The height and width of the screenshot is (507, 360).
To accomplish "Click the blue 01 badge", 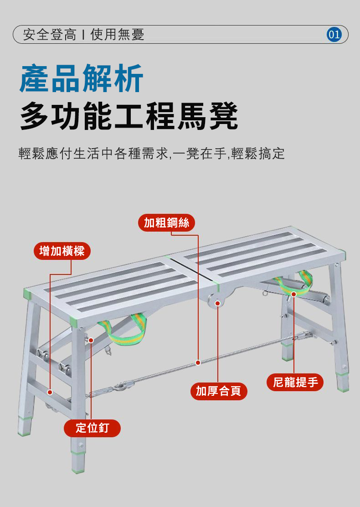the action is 334,34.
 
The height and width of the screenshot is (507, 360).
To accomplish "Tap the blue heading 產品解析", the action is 81,78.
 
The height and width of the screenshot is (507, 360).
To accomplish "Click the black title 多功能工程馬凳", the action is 129,116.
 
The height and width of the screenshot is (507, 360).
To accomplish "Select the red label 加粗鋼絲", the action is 166,222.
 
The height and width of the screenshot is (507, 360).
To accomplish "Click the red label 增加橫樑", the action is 62,251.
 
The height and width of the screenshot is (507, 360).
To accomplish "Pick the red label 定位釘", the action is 93,428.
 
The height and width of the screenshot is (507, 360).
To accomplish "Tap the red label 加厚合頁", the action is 219,391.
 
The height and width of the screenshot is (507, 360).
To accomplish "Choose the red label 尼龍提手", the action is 295,382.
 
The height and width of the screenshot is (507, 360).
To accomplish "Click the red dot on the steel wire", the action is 198,362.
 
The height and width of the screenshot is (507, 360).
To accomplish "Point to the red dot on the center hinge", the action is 218,303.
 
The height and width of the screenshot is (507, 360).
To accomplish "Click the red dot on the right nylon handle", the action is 294,294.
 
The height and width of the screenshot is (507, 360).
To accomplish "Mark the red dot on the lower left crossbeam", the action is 50,392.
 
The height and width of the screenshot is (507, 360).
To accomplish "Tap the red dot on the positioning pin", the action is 91,340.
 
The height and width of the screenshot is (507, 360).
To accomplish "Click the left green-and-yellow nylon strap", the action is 123,330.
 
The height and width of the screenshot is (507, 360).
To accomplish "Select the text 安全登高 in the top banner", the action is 50,34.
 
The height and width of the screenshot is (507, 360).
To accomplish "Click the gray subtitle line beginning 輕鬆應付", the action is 152,154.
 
